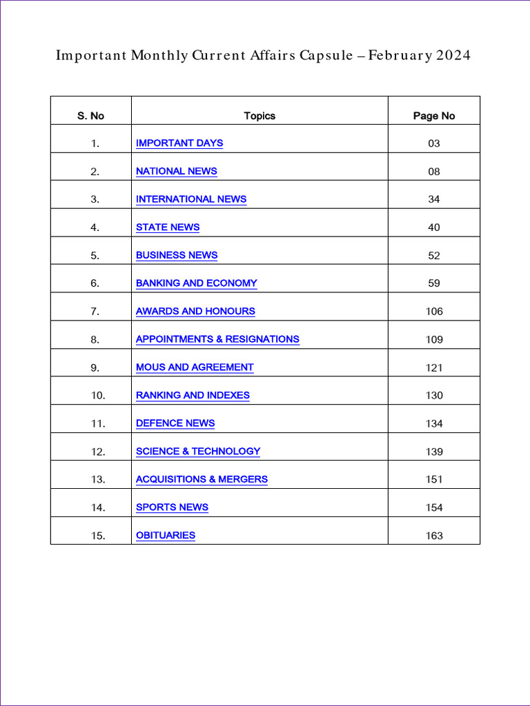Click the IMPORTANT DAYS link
point(179,143)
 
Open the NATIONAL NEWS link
point(176,171)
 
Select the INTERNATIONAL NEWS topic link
point(191,199)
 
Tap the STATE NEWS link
point(168,228)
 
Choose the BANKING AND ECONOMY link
point(196,283)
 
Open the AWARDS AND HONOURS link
point(195,312)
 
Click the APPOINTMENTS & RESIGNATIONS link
point(217,339)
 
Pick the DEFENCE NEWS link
point(175,423)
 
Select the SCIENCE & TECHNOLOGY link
point(198,452)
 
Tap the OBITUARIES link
point(166,536)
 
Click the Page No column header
point(434,116)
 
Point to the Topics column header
point(259,116)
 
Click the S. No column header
point(90,116)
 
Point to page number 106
point(434,312)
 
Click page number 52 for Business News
point(434,256)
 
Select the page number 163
point(434,536)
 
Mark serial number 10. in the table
point(97,396)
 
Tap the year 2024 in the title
point(453,56)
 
